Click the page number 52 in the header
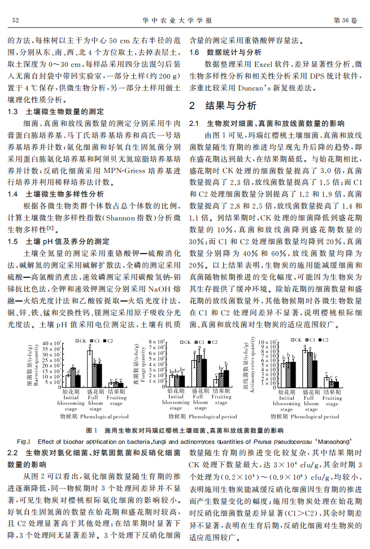click(x=16, y=20)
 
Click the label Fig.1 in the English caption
click(x=24, y=441)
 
